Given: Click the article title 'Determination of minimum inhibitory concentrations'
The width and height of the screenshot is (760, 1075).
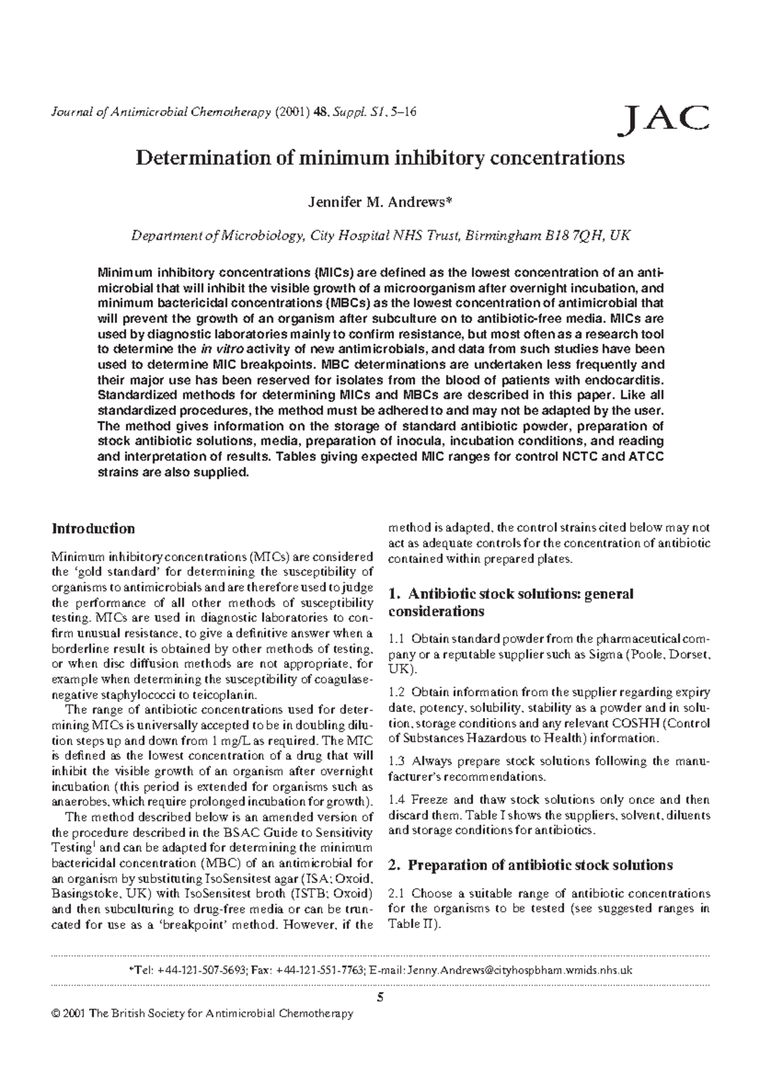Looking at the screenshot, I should [380, 158].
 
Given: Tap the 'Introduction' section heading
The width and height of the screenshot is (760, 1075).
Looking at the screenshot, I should [93, 528].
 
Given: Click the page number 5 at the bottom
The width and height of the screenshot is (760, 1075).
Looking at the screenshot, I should [380, 998].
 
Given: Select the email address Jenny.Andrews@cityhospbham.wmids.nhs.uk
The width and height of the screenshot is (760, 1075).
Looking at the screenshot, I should [520, 970].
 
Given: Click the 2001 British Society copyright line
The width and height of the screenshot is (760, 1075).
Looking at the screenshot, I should [203, 1014].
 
